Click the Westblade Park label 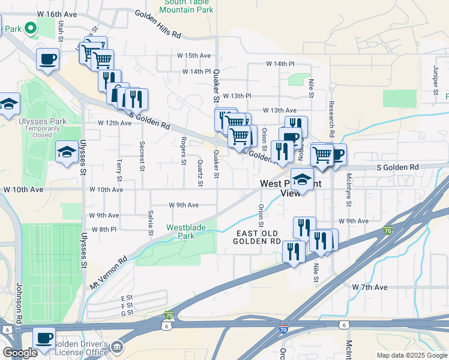click(x=186, y=232)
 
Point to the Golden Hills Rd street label click(x=158, y=24)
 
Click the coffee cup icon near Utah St click(x=47, y=60)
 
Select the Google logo click(x=20, y=353)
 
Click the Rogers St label click(x=184, y=150)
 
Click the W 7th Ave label click(x=370, y=287)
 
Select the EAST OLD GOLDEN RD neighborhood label click(x=258, y=237)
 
